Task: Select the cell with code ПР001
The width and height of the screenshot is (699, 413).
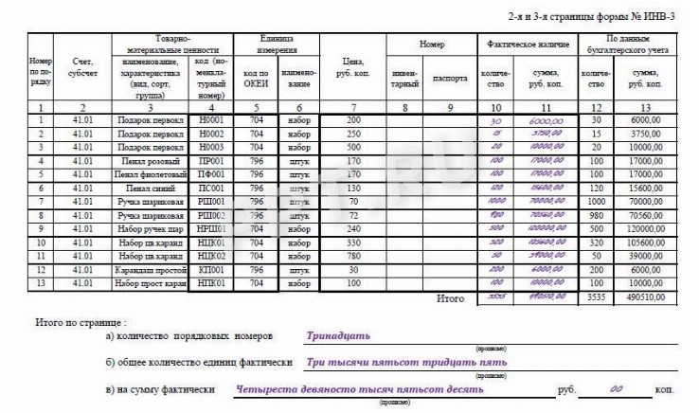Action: [213, 162]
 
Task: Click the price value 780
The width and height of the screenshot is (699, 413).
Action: [354, 256]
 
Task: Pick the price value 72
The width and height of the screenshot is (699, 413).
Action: [354, 216]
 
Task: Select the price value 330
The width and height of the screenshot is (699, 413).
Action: [354, 242]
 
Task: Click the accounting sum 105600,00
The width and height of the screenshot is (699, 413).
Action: [645, 242]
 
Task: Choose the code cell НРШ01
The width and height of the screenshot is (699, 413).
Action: [213, 229]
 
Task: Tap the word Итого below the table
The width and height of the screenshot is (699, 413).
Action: [449, 298]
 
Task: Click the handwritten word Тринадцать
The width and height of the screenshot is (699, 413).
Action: [338, 335]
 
